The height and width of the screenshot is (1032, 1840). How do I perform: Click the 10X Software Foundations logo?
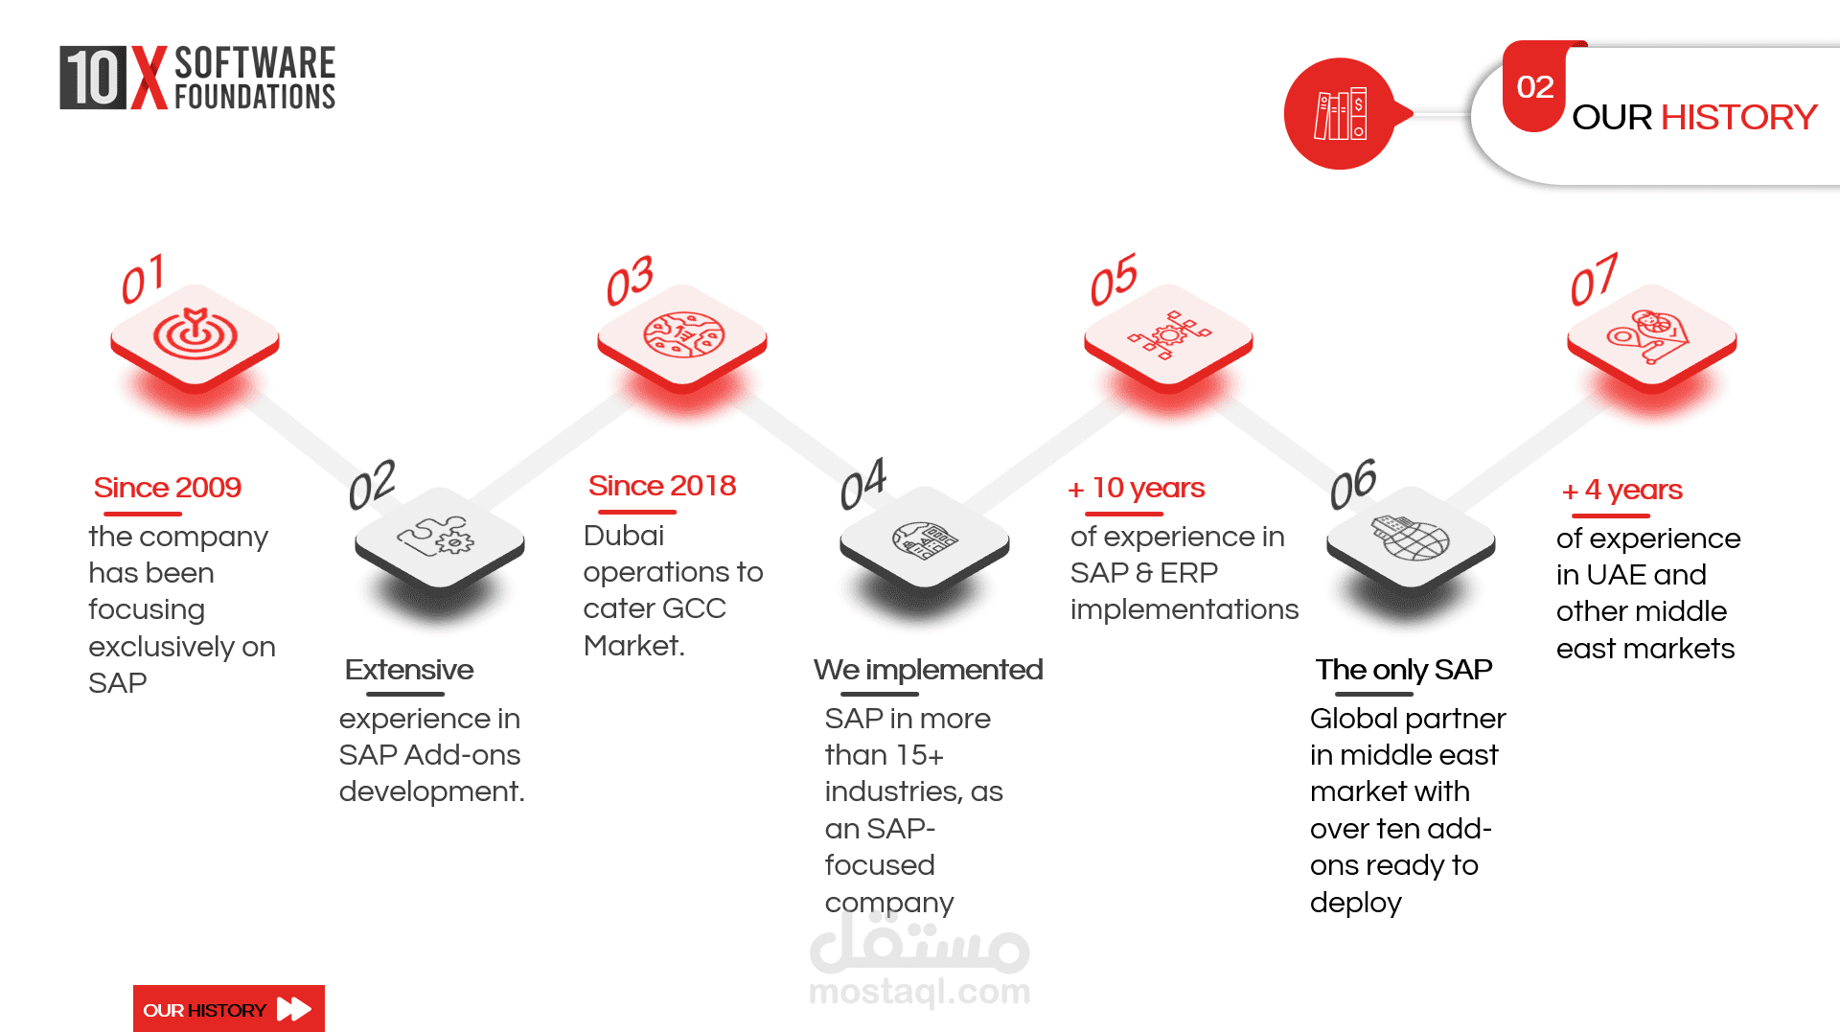click(x=197, y=78)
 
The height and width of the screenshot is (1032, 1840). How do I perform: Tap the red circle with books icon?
click(x=1340, y=114)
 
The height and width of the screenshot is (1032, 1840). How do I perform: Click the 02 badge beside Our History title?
click(x=1534, y=86)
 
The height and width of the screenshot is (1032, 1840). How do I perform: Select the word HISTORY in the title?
click(x=1738, y=117)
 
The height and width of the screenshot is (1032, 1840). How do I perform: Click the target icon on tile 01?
click(x=195, y=333)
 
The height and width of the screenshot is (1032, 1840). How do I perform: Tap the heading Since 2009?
click(x=167, y=488)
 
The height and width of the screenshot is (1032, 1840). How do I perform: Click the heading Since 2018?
click(x=662, y=486)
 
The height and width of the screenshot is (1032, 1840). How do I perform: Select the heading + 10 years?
click(x=1137, y=489)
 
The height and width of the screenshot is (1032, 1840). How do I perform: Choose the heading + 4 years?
click(x=1621, y=491)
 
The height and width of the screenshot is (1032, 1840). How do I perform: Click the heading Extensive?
click(x=409, y=670)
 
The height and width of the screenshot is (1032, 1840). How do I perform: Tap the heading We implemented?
click(x=928, y=670)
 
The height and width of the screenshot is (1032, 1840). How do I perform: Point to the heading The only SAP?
click(x=1404, y=670)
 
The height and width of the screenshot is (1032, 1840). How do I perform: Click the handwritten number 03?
click(x=630, y=281)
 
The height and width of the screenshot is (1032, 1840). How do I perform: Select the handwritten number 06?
click(x=1353, y=484)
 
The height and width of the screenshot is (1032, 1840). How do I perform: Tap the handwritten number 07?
click(x=1594, y=280)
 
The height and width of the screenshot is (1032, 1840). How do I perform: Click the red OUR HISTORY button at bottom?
click(x=229, y=1009)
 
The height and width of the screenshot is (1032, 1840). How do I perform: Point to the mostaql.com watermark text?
click(x=919, y=992)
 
